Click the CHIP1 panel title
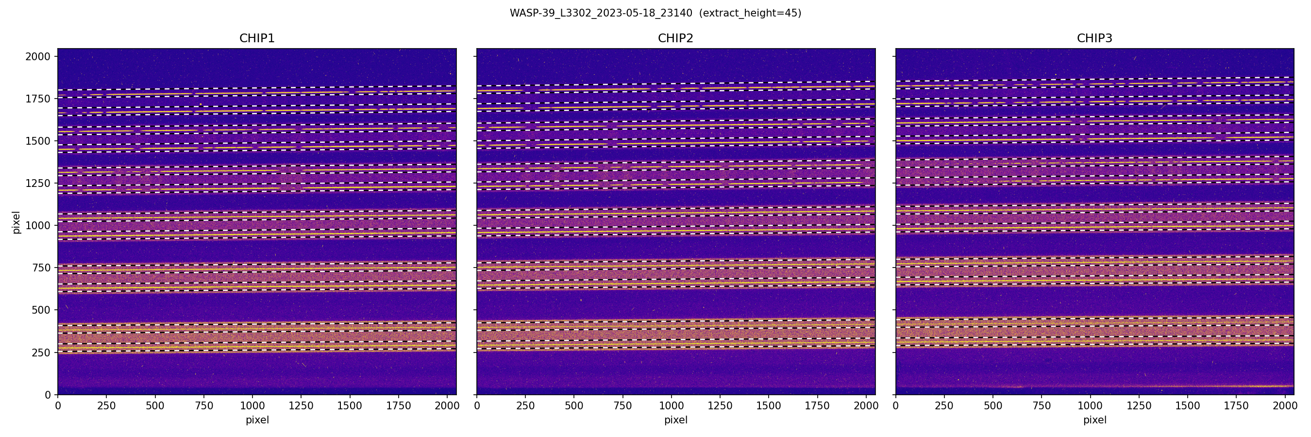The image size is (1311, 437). [257, 38]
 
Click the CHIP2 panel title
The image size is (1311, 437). [675, 38]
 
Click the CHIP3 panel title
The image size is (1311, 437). [1094, 38]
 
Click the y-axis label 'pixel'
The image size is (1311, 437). [17, 222]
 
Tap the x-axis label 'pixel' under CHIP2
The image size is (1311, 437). [675, 420]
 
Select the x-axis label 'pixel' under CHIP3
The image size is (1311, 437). [1094, 420]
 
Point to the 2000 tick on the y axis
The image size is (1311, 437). [38, 56]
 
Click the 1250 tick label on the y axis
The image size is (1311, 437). [38, 183]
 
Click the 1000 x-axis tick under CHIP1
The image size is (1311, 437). [252, 406]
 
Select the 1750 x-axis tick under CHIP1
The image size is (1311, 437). [399, 406]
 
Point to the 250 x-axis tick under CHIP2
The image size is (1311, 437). [525, 406]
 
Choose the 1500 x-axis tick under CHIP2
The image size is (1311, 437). [769, 406]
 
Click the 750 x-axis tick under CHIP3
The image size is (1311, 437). [1041, 406]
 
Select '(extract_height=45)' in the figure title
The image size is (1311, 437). [750, 13]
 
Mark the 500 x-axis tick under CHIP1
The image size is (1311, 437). [155, 406]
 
